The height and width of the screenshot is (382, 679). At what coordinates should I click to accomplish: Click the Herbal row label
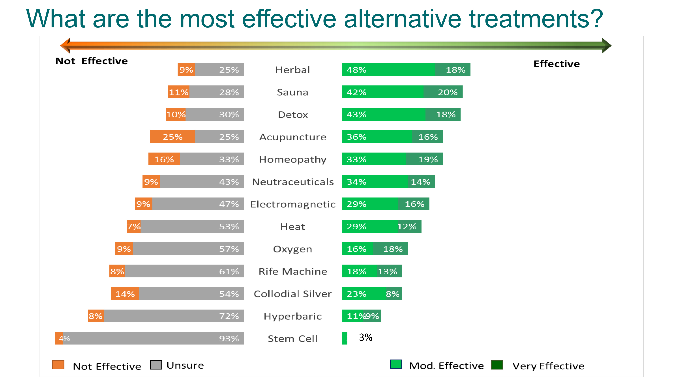pos(292,70)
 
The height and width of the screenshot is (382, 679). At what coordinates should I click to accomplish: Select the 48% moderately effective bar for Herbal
pos(388,70)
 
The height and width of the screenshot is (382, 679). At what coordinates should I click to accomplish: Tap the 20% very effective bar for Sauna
pos(443,92)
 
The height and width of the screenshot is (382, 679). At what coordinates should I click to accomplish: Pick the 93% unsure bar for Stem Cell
pos(153,338)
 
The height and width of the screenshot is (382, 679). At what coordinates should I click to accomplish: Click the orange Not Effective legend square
pos(58,365)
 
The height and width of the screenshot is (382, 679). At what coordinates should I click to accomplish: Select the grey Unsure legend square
pos(156,365)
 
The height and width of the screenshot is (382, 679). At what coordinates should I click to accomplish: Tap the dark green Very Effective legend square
pos(497,365)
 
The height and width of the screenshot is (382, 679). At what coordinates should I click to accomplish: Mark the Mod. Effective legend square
pos(396,364)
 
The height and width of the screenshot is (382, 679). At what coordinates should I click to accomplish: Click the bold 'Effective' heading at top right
pos(556,64)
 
